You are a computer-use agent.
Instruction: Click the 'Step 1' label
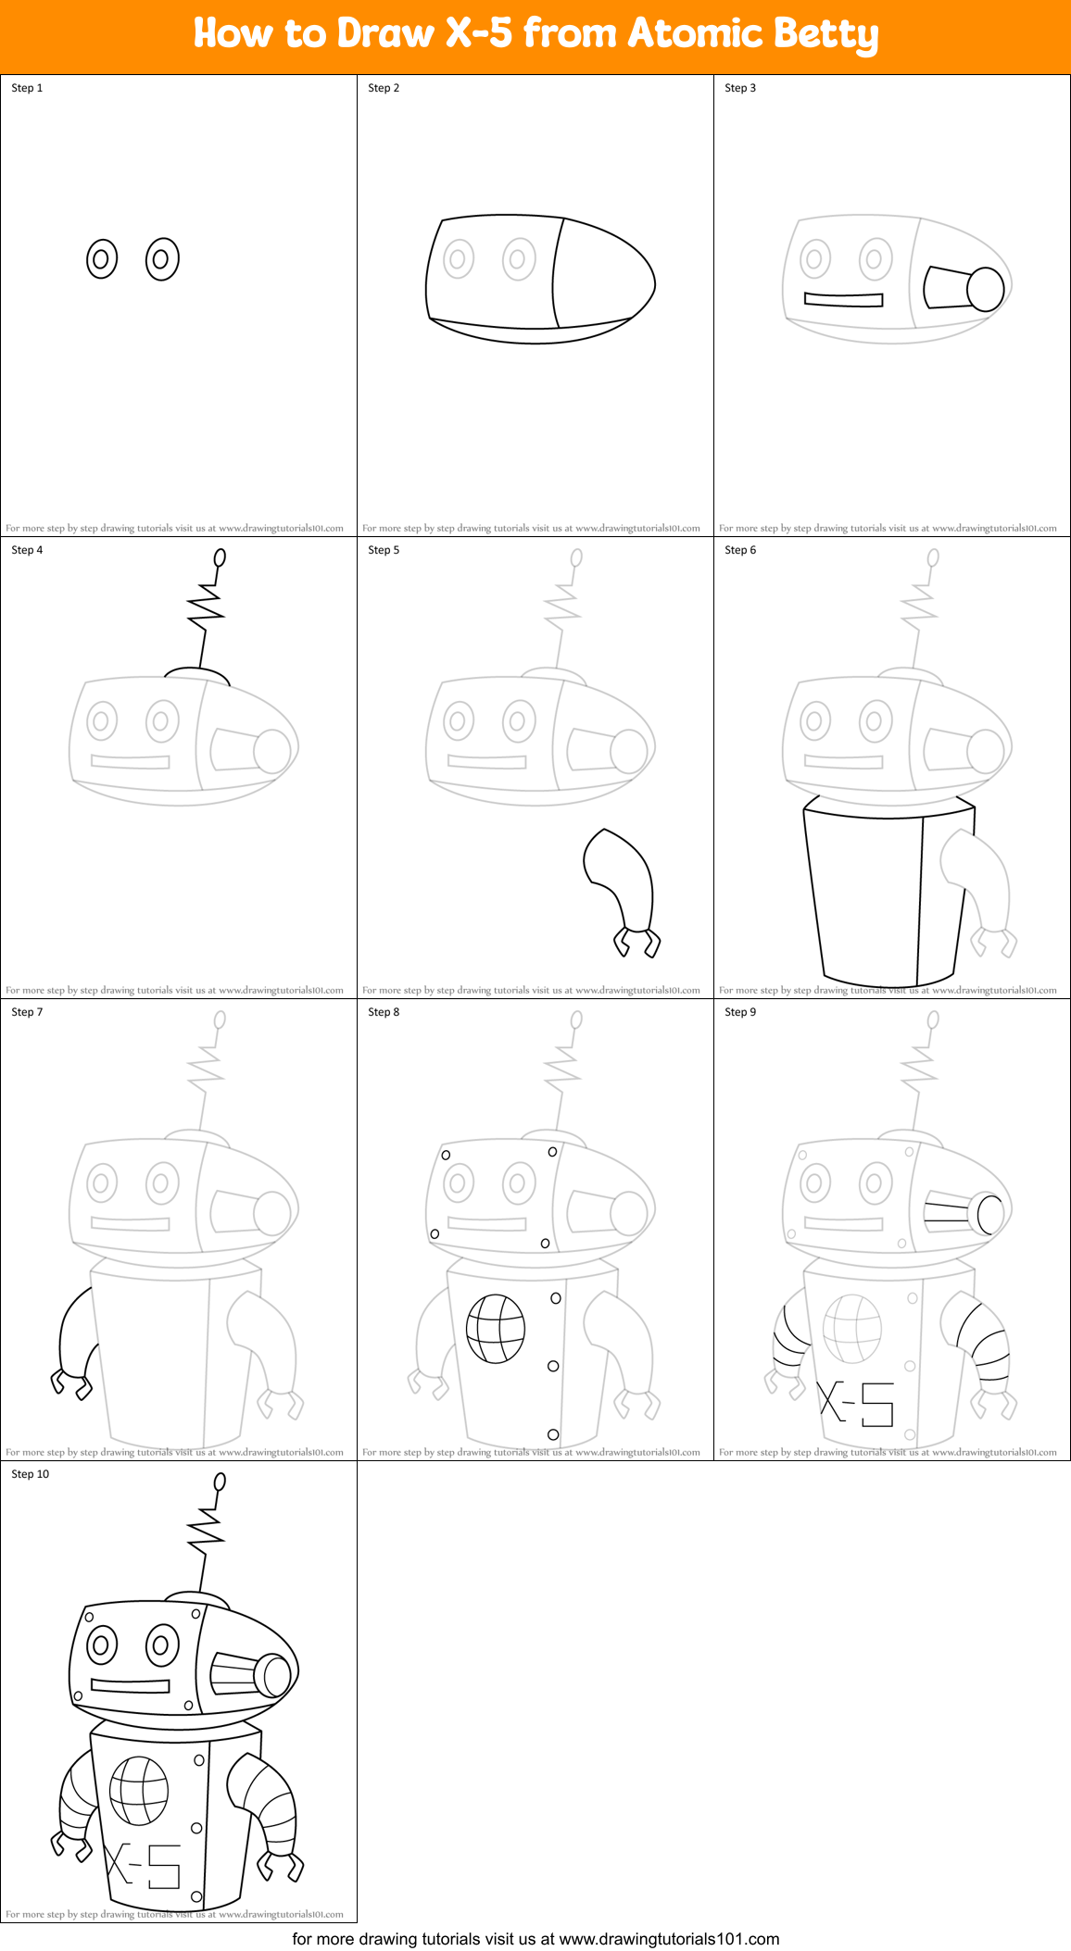coord(27,88)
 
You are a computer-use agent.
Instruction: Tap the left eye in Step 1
coord(102,259)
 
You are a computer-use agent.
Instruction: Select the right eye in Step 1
coord(162,259)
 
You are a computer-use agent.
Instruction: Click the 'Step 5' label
coord(384,550)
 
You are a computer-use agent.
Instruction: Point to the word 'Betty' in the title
coord(825,33)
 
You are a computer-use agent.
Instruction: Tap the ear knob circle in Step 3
coord(986,289)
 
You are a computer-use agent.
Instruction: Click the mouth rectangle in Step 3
coord(843,299)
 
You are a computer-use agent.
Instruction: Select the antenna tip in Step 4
coord(220,557)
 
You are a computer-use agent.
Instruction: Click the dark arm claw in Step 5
coord(637,941)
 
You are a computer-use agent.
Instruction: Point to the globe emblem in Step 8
coord(496,1329)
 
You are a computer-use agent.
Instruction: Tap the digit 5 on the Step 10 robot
coord(164,1866)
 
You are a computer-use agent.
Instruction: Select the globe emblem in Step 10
coord(139,1791)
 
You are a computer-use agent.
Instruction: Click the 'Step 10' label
coord(31,1474)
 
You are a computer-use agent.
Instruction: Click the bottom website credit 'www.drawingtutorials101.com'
coord(669,1939)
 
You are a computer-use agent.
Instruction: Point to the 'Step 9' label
coord(740,1012)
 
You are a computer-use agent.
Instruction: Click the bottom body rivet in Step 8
coord(553,1434)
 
